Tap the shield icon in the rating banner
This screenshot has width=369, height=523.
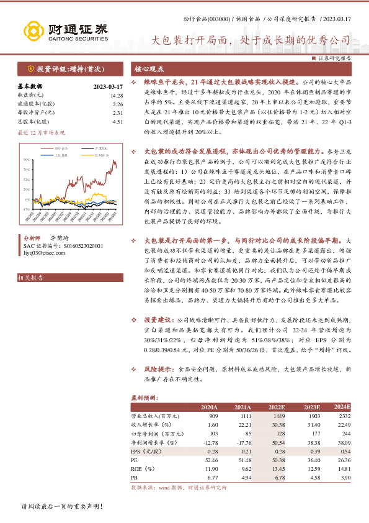click(30, 69)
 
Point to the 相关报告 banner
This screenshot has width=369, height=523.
click(30, 278)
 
